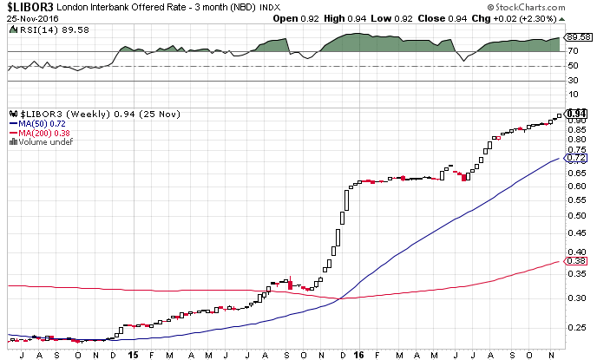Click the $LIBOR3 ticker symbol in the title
tap(26, 6)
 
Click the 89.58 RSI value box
tap(576, 37)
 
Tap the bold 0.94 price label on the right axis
tap(576, 113)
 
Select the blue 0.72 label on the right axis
tap(576, 159)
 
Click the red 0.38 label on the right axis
tap(576, 261)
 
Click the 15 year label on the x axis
tap(132, 354)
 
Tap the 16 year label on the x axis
tap(358, 354)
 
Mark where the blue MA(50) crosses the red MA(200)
tap(338, 298)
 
